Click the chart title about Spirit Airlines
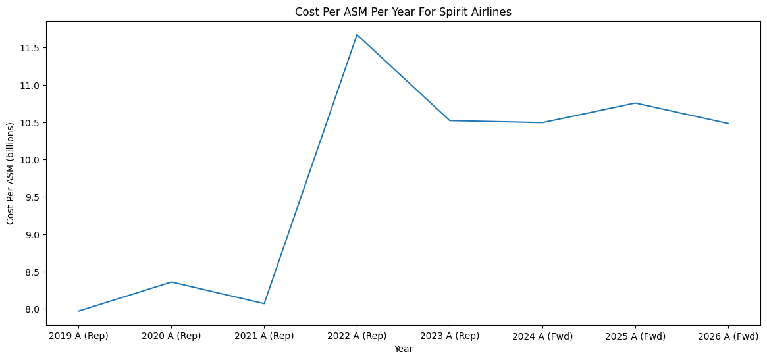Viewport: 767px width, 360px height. (403, 11)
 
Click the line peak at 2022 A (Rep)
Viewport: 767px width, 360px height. (357, 35)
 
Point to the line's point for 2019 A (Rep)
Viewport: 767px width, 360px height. (78, 311)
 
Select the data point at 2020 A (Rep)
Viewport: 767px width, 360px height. (171, 282)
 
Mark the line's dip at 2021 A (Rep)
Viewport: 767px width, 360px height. (264, 303)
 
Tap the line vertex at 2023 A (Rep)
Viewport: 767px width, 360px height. (450, 120)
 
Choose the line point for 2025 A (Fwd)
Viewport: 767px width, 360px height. (635, 103)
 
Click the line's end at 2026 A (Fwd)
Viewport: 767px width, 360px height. (728, 124)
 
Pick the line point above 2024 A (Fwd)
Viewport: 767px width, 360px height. (542, 122)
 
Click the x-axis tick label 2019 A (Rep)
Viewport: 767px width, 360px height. (78, 336)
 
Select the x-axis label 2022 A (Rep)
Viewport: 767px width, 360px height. (357, 336)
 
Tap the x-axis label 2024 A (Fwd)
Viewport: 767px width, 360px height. (542, 336)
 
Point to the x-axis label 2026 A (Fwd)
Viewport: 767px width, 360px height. (728, 336)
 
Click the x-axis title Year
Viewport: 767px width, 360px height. (403, 349)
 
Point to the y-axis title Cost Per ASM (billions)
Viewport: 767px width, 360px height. (11, 173)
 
